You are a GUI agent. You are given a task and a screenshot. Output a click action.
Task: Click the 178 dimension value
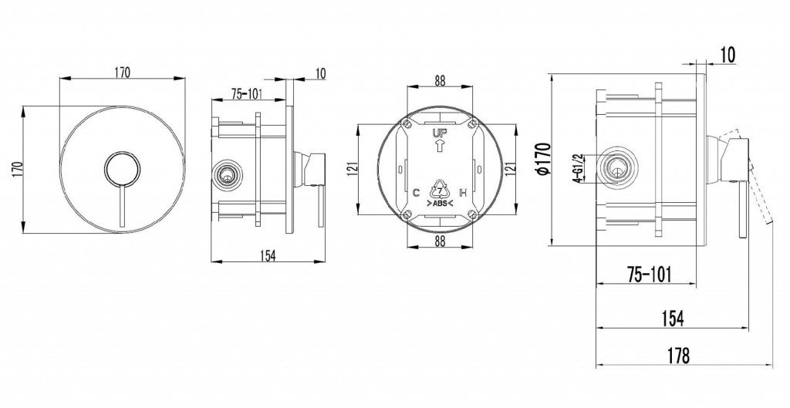pyautogui.click(x=679, y=356)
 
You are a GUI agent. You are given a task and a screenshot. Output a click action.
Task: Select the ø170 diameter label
pyautogui.click(x=544, y=159)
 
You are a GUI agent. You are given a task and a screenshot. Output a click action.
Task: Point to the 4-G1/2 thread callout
pyautogui.click(x=579, y=168)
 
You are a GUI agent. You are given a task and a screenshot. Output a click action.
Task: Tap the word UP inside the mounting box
pyautogui.click(x=439, y=133)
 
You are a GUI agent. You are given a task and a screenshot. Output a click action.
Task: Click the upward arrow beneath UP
pyautogui.click(x=439, y=146)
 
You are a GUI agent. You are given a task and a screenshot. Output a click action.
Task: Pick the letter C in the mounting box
pyautogui.click(x=416, y=192)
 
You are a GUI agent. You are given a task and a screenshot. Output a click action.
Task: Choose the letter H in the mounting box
pyautogui.click(x=464, y=192)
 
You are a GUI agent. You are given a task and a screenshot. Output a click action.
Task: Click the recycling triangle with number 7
pyautogui.click(x=439, y=190)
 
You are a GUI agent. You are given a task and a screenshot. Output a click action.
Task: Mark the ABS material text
pyautogui.click(x=439, y=203)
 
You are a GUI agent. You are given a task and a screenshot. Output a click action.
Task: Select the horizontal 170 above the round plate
pyautogui.click(x=121, y=72)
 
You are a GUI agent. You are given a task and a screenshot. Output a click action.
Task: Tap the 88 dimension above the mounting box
pyautogui.click(x=440, y=80)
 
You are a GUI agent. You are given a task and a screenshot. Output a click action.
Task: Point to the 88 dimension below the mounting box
pyautogui.click(x=440, y=241)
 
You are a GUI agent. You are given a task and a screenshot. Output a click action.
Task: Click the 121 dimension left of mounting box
pyautogui.click(x=353, y=167)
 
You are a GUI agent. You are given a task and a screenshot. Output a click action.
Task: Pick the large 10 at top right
pyautogui.click(x=728, y=55)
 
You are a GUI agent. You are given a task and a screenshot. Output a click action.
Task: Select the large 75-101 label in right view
pyautogui.click(x=650, y=275)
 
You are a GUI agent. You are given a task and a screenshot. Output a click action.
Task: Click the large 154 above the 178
pyautogui.click(x=673, y=319)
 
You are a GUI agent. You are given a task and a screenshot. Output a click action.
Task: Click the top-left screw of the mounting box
pyautogui.click(x=407, y=123)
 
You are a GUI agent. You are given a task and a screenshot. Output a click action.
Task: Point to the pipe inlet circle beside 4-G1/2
pyautogui.click(x=616, y=168)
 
